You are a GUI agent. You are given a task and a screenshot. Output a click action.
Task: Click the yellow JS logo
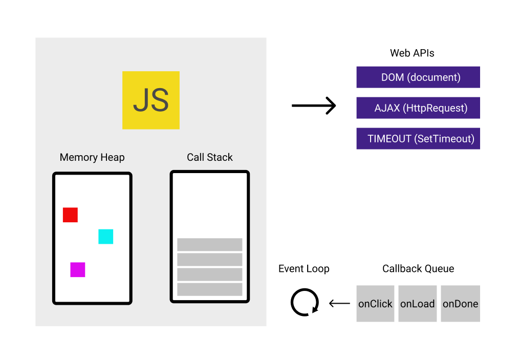point(151,100)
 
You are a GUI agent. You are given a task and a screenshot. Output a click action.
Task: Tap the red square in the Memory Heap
point(70,215)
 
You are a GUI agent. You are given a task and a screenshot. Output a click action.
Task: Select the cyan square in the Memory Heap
point(105,237)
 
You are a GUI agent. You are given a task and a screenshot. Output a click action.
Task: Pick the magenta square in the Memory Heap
point(78,269)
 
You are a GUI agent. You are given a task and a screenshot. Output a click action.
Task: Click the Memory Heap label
point(92,157)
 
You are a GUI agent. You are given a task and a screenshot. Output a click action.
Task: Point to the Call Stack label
point(210,157)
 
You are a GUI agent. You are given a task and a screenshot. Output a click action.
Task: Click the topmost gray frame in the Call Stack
point(210,244)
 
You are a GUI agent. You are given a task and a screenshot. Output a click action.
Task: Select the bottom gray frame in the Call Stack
point(210,289)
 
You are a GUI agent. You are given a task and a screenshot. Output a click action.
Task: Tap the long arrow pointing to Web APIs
point(313,106)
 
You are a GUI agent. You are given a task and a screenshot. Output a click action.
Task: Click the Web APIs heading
point(412,53)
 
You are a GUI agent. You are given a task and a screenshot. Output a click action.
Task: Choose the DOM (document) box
point(418,77)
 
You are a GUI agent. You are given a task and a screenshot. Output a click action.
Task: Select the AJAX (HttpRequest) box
point(418,108)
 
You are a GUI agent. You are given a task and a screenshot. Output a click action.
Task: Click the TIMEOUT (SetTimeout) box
point(418,139)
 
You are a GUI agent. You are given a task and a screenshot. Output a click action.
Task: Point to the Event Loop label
point(304,269)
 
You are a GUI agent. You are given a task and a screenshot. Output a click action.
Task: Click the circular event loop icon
point(305,303)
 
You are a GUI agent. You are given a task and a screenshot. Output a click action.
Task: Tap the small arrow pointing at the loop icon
point(339,304)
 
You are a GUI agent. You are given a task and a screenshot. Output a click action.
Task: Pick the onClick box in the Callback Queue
point(375,304)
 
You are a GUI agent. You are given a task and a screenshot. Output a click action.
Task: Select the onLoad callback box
point(417,304)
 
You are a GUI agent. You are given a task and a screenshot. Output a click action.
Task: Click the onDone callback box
point(460,304)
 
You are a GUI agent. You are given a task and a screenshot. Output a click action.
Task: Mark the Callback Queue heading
point(418,269)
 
